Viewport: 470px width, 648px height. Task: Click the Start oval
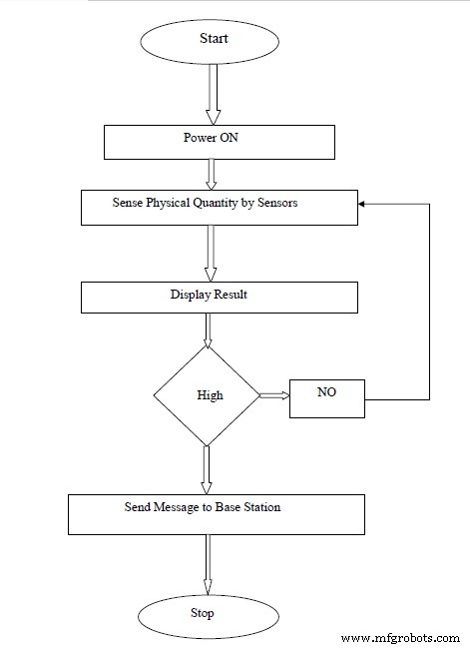[x=210, y=42]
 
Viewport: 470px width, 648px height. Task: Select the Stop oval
[x=209, y=616]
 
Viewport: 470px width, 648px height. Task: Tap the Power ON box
[x=220, y=142]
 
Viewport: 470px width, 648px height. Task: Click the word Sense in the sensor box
[x=127, y=203]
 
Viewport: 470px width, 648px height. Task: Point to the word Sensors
[x=277, y=203]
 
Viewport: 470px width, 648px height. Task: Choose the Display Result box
[x=220, y=298]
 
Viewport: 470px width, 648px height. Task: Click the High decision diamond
[x=207, y=395]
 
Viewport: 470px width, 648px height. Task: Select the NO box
[x=327, y=398]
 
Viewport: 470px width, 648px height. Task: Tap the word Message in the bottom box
[x=176, y=507]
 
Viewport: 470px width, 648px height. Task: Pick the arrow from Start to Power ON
[x=213, y=94]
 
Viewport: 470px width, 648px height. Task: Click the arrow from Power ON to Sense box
[x=211, y=175]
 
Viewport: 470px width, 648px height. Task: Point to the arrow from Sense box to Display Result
[x=211, y=254]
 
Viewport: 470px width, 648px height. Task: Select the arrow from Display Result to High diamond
[x=208, y=329]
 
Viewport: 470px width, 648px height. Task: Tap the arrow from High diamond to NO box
[x=274, y=395]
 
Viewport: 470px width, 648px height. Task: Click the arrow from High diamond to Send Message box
[x=207, y=470]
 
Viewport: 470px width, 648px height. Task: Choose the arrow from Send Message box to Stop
[x=208, y=564]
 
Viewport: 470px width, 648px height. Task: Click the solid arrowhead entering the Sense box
[x=361, y=204]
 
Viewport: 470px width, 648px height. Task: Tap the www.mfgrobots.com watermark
[x=400, y=638]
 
